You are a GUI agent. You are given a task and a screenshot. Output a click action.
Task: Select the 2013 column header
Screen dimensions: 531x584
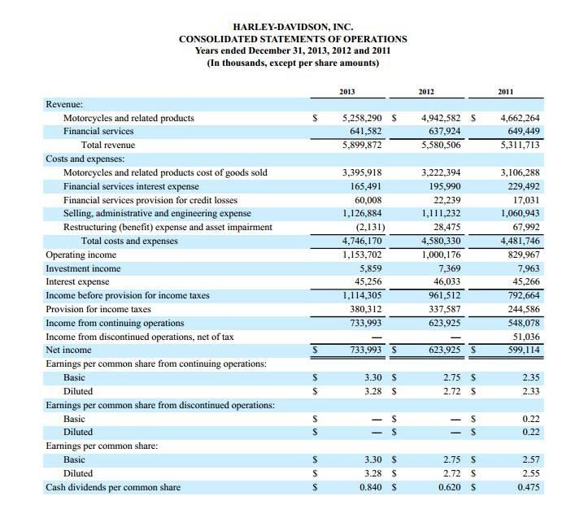[x=347, y=93]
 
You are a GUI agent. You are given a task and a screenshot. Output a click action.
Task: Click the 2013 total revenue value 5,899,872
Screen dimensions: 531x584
[x=359, y=145]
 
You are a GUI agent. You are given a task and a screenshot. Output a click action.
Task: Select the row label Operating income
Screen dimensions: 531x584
[x=81, y=255]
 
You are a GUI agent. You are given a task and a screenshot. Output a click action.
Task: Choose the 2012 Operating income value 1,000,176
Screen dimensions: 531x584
[x=439, y=255]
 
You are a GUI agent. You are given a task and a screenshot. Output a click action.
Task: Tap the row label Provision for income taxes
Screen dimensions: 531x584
[x=98, y=309]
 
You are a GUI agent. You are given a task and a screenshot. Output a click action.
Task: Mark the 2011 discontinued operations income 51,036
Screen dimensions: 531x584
[x=524, y=337]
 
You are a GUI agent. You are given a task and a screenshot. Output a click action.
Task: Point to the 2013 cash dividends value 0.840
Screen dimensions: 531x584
[x=370, y=487]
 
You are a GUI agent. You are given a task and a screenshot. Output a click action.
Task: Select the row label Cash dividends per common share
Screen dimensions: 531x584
[x=112, y=487]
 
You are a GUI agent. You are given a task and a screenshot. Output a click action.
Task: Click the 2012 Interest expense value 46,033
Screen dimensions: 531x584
[x=445, y=282]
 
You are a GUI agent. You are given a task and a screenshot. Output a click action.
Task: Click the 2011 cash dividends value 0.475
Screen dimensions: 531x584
[x=529, y=487]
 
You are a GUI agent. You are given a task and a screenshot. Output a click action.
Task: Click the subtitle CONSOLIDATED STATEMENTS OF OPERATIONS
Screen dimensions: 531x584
[x=293, y=39]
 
